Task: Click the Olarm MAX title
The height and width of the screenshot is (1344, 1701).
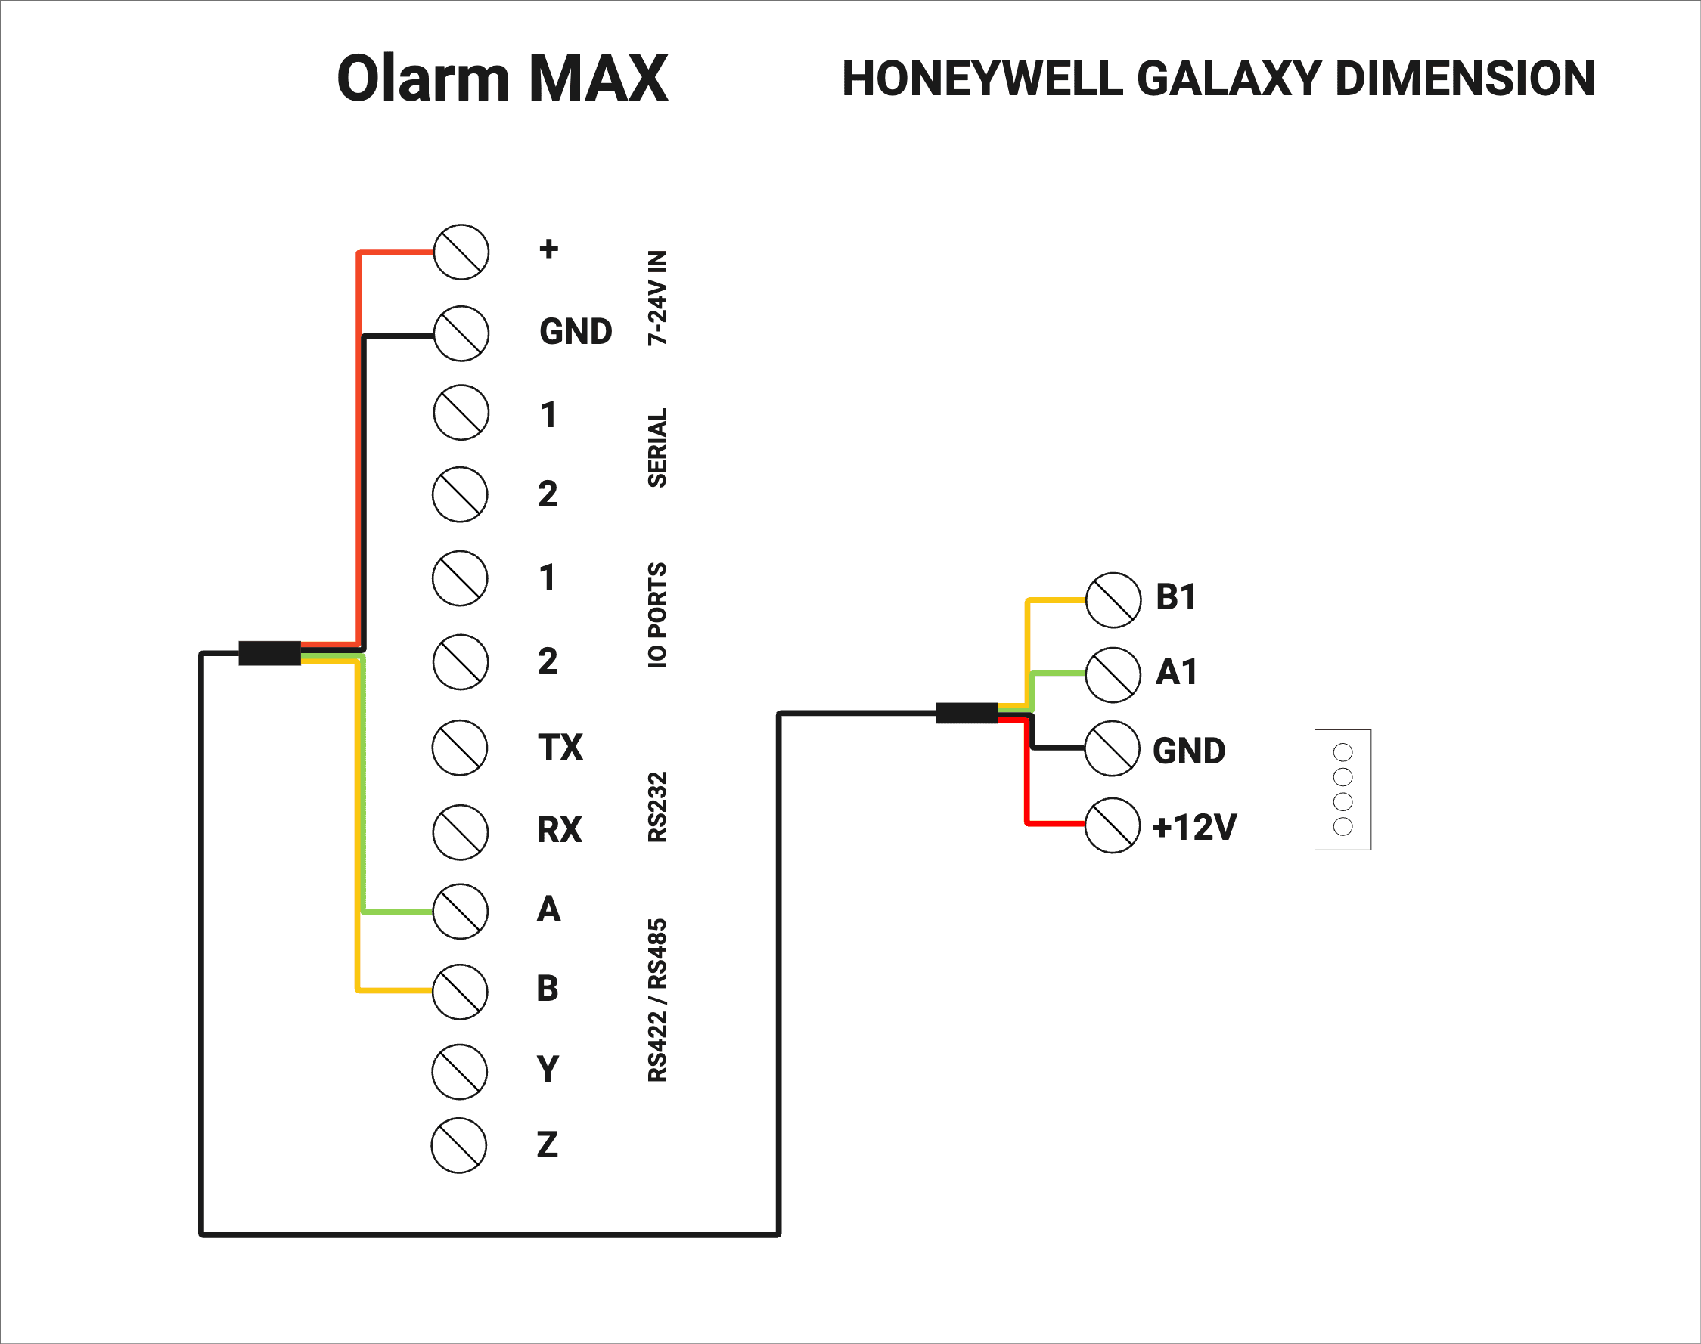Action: [502, 79]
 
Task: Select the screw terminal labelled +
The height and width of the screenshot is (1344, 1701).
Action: [461, 252]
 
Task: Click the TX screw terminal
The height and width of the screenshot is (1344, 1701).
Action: [460, 748]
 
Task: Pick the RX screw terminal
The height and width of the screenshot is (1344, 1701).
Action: [461, 831]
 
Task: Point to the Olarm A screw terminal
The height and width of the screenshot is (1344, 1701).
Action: [461, 911]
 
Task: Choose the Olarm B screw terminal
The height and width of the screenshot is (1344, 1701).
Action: [461, 992]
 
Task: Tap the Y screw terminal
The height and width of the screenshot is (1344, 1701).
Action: [460, 1071]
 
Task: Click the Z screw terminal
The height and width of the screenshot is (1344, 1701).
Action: [459, 1145]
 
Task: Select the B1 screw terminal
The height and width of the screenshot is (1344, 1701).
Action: [1113, 599]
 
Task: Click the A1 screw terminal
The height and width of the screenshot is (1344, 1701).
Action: [1113, 674]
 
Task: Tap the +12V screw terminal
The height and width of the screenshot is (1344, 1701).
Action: [1113, 825]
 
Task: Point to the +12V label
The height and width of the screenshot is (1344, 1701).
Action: [1194, 827]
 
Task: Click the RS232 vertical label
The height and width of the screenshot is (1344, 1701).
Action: [657, 807]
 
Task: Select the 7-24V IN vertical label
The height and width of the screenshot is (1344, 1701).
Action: [657, 297]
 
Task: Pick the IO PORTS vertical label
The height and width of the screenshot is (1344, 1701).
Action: [657, 615]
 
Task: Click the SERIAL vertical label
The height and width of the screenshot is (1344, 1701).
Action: [657, 447]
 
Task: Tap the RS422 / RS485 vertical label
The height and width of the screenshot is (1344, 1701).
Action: [657, 1000]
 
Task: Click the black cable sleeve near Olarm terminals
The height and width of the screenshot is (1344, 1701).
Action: [269, 653]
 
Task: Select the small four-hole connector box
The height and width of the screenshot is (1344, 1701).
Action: [1342, 789]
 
